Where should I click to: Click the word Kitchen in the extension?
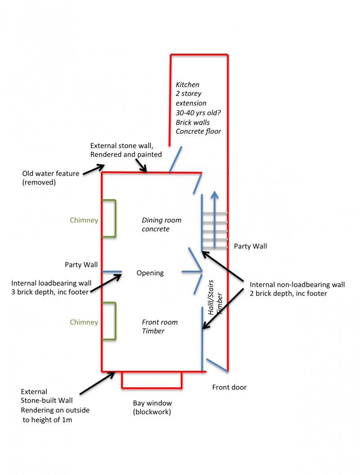187,85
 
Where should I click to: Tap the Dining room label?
162,220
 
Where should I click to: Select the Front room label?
160,322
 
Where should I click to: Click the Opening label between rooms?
150,273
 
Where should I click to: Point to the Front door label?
229,387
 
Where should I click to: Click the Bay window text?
152,403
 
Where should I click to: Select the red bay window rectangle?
152,386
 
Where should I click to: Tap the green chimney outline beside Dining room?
115,218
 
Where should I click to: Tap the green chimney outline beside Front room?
115,321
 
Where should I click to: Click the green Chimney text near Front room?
84,322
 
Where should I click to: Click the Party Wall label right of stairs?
250,246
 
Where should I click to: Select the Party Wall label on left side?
81,265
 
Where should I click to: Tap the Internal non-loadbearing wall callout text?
297,289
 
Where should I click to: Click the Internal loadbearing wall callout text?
51,287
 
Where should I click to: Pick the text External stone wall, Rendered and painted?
126,150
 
